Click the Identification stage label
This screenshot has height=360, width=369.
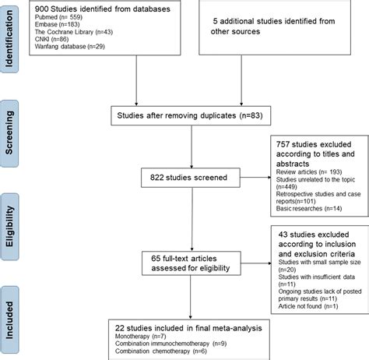[13, 41]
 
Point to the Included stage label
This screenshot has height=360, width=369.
[13, 312]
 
